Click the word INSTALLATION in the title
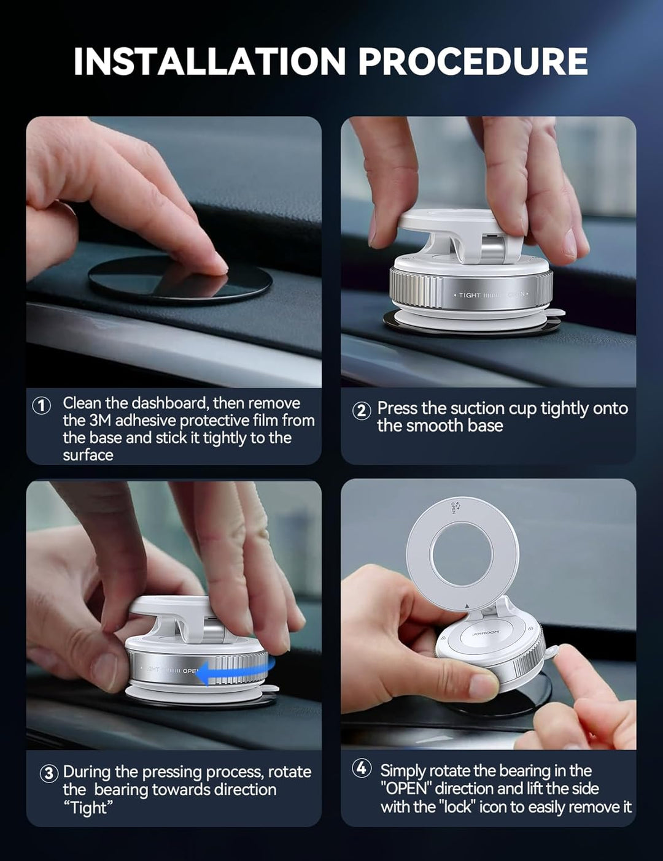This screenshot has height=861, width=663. pos(209,61)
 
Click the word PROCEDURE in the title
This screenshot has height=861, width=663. pos(473,61)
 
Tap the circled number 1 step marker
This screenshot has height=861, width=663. pos(41,405)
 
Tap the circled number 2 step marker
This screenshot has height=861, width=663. pos(362,410)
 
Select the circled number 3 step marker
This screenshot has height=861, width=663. pos(49,773)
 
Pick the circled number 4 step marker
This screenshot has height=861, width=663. pos(362,768)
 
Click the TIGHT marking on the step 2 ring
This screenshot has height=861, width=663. pos(469,295)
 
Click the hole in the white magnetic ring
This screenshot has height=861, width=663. pos(462,553)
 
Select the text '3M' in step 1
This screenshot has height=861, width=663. pos(100,421)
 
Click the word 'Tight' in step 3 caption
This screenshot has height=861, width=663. pos(88,808)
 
